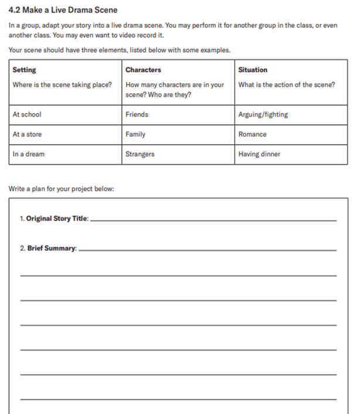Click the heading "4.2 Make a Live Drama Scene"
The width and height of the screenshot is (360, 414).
click(x=63, y=10)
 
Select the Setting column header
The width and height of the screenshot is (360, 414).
click(x=24, y=70)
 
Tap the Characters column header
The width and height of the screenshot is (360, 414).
click(x=143, y=70)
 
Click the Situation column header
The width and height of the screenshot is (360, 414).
click(x=253, y=70)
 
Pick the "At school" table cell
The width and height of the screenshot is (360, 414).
click(x=27, y=114)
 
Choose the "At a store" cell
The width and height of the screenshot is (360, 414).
click(x=27, y=134)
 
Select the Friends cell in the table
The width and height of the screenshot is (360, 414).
click(x=137, y=114)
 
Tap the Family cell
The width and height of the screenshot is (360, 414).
click(x=135, y=134)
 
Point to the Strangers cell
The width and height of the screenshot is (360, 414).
click(x=140, y=154)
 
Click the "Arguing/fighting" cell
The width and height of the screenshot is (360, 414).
click(x=263, y=114)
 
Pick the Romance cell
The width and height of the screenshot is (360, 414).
click(x=252, y=134)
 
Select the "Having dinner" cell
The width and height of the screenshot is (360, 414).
click(x=259, y=154)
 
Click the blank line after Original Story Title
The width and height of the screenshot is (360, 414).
click(x=214, y=220)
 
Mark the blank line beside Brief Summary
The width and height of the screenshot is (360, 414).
click(x=208, y=249)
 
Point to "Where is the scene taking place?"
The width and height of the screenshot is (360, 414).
click(x=62, y=84)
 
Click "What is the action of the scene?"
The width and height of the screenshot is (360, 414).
click(x=287, y=84)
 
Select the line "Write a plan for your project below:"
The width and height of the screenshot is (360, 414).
click(x=62, y=189)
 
